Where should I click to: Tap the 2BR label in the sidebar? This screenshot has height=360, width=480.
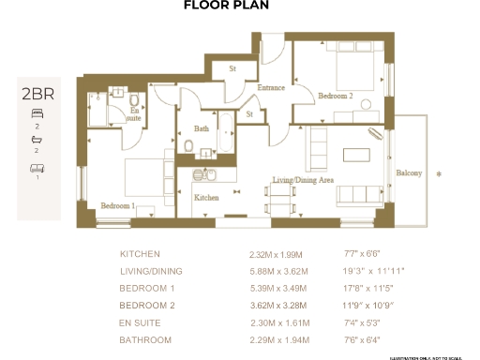(x=38, y=93)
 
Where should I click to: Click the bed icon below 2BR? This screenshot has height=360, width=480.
(x=38, y=112)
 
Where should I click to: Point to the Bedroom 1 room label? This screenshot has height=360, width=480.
(x=119, y=204)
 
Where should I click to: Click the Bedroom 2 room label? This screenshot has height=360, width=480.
(x=336, y=96)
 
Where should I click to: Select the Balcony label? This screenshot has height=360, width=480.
(x=408, y=173)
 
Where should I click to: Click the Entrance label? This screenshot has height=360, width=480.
(x=271, y=87)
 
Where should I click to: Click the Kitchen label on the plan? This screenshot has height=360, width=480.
(x=206, y=198)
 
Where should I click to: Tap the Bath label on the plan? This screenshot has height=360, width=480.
(x=201, y=128)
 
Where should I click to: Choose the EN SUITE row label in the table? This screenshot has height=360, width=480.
(x=140, y=322)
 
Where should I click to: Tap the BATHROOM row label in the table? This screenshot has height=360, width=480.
(x=145, y=339)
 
